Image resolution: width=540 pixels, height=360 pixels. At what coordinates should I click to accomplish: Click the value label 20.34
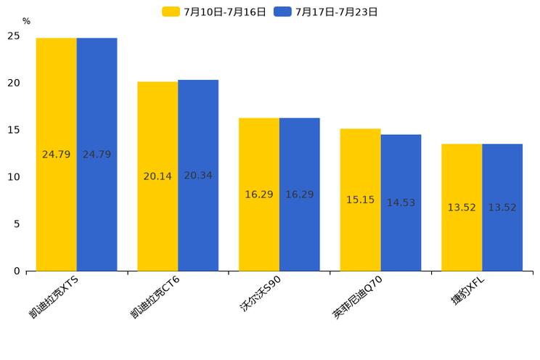tap(198, 176)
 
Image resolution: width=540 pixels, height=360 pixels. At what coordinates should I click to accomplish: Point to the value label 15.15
tap(360, 200)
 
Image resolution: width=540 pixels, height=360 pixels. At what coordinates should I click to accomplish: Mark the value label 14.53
tap(401, 202)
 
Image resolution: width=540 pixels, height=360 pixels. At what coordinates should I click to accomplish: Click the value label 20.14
tap(157, 176)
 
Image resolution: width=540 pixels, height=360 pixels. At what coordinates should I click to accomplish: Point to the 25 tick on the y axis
tap(14, 36)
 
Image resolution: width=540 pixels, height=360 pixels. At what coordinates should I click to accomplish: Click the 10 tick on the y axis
tap(14, 177)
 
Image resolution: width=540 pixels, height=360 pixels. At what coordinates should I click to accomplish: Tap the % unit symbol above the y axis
tap(26, 22)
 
